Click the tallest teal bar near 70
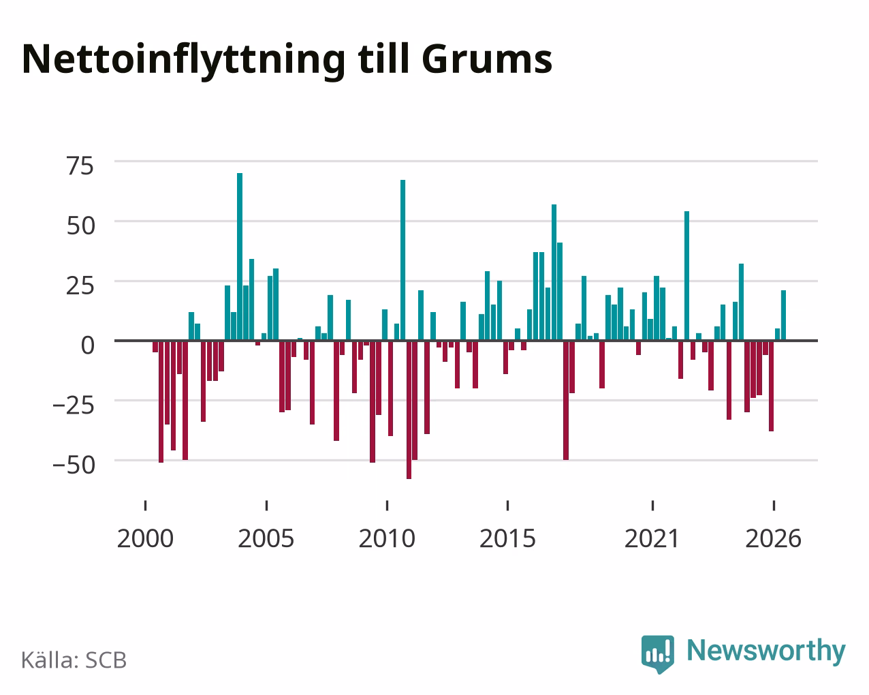point(240,257)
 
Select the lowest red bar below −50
point(409,410)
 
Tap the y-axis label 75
point(80,166)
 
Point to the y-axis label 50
point(81,226)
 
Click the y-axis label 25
point(80,285)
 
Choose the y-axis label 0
point(88,345)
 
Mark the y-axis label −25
point(74,405)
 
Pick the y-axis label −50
point(74,465)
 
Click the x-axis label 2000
point(145,538)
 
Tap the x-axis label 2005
point(266,538)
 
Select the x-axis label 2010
point(387,538)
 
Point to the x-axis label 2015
point(507,538)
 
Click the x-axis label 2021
point(652,538)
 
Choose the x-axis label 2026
point(773,538)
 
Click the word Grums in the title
point(486,59)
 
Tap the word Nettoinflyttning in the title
point(183,61)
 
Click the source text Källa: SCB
point(74,660)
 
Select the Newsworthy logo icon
point(657,654)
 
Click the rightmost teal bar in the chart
point(783,315)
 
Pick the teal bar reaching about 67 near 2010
point(402,260)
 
